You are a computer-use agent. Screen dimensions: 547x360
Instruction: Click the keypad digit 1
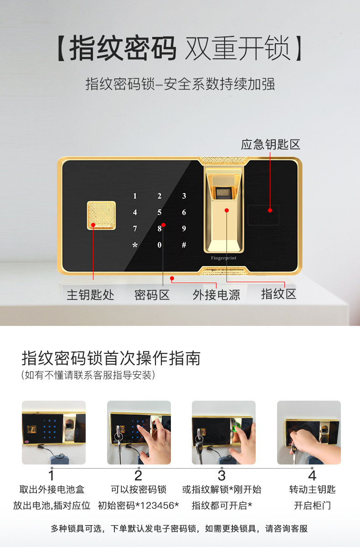(135, 196)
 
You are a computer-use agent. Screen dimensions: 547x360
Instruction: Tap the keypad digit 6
(184, 212)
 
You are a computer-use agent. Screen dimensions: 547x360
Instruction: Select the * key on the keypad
(135, 245)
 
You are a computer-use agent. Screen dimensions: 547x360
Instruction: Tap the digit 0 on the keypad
(159, 245)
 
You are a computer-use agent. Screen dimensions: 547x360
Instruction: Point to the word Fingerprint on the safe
(224, 258)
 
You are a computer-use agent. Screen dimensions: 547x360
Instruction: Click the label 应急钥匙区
(271, 144)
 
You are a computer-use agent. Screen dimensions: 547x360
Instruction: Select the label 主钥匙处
(90, 295)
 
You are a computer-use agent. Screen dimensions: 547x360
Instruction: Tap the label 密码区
(152, 295)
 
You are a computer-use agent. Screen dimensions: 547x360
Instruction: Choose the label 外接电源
(216, 295)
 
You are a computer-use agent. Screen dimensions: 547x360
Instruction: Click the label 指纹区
(279, 294)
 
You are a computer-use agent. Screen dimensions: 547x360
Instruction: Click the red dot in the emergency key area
(270, 210)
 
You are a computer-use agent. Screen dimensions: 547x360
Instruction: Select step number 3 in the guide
(221, 476)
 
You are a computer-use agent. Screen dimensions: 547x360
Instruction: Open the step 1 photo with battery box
(54, 433)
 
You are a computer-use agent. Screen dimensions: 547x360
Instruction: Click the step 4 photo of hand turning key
(309, 433)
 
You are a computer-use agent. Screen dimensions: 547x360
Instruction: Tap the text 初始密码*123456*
(139, 506)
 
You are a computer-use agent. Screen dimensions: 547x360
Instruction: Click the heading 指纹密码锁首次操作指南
(111, 358)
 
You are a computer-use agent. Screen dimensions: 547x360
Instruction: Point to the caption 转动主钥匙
(312, 490)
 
